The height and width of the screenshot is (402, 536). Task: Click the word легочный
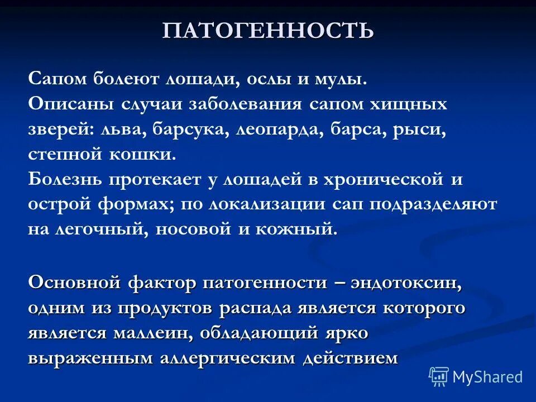(x=108, y=230)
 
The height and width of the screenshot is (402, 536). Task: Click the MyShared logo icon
(x=439, y=377)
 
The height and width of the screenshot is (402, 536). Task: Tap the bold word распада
(x=260, y=308)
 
